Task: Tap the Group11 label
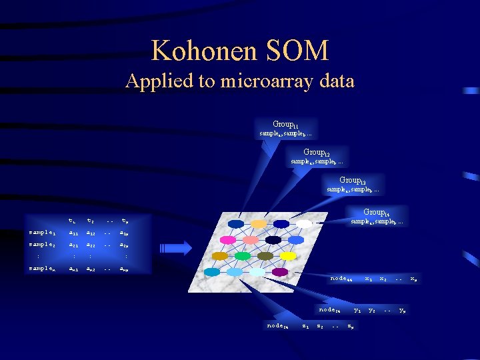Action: coord(285,125)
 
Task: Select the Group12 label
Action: coord(316,153)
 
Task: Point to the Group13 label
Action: coord(352,181)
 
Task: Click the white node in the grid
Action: coord(304,223)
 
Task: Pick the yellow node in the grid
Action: coord(288,256)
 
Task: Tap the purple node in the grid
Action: coord(280,272)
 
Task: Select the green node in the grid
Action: coord(242,256)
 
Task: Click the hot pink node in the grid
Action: coord(227,239)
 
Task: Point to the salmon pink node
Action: coord(251,239)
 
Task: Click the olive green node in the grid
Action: coord(265,256)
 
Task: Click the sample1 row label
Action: coord(44,233)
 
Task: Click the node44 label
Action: coord(341,278)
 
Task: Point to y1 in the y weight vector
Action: coord(357,309)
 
